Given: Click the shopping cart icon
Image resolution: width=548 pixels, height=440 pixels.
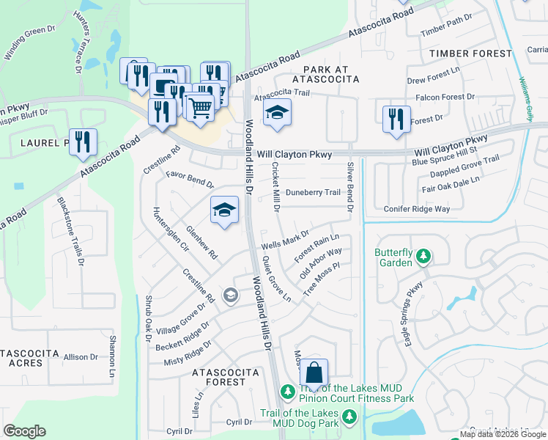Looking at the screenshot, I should (x=199, y=107).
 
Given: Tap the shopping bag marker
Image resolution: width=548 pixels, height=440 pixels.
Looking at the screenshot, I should (x=314, y=373).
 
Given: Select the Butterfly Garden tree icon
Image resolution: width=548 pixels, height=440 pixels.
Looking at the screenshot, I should (x=423, y=256).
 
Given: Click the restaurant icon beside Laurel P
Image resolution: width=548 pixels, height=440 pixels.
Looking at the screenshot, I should (x=83, y=142).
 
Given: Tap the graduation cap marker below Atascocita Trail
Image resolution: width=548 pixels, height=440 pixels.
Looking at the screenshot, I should (x=277, y=113).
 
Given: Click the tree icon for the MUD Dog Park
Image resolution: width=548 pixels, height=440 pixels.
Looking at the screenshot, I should (x=349, y=417).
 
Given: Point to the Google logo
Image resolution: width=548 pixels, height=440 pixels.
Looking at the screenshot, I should (x=24, y=431).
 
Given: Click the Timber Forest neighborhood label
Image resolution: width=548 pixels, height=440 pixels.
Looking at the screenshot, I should (x=470, y=54).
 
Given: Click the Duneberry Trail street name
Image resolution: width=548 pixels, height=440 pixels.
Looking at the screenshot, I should (x=313, y=193).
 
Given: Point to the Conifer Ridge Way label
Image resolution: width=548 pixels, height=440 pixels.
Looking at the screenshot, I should (x=416, y=208).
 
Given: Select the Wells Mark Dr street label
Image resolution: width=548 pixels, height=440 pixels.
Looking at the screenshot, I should (x=286, y=239).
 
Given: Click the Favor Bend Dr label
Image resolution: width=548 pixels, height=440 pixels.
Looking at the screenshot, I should (x=190, y=180).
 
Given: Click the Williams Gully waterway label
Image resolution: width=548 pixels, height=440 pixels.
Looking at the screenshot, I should (x=526, y=99).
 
